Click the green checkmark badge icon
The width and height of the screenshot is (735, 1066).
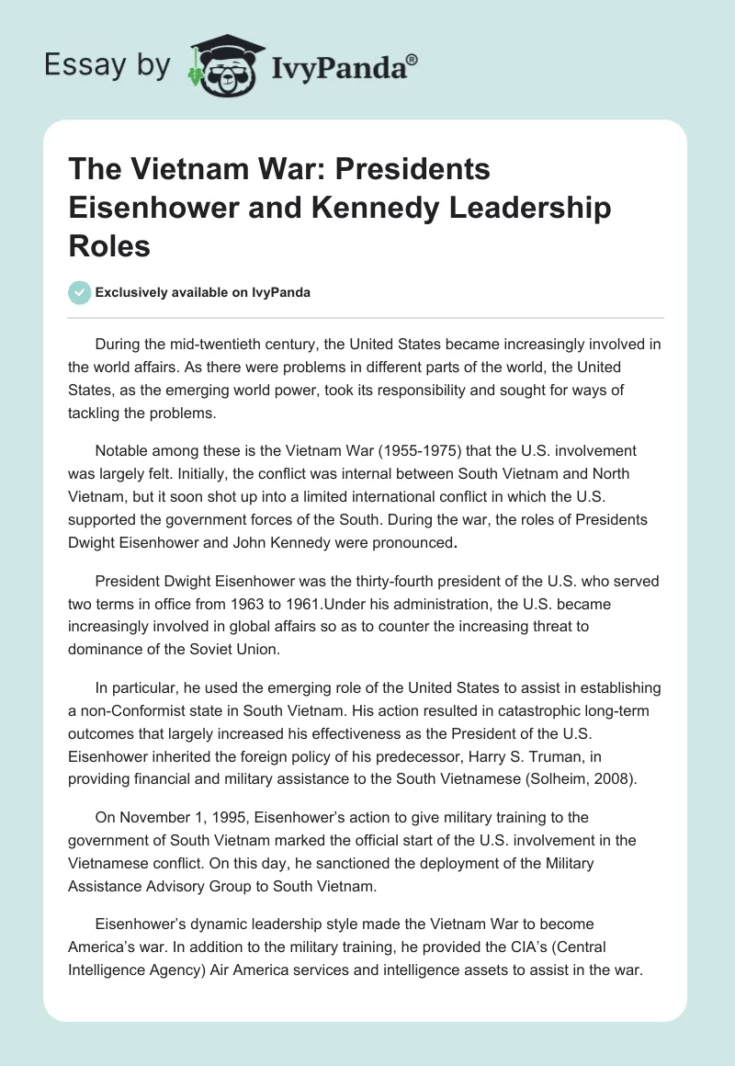click(79, 292)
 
